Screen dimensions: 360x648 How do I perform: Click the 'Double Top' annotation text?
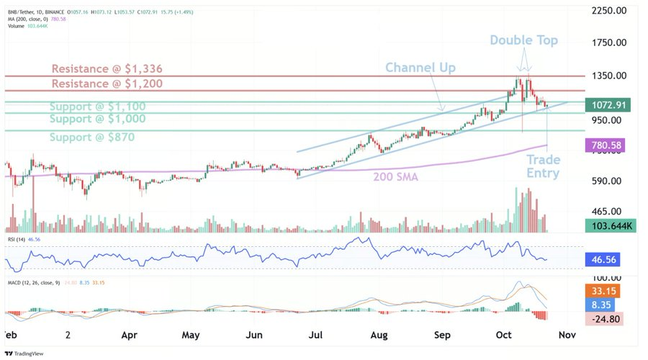click(x=523, y=40)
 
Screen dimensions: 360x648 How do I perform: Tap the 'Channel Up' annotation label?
click(x=420, y=67)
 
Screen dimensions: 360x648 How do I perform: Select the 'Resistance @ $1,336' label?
click(x=107, y=69)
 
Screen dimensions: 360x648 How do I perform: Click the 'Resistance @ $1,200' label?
click(x=107, y=84)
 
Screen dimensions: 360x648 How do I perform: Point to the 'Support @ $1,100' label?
click(x=97, y=106)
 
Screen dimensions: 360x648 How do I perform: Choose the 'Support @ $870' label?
click(x=91, y=137)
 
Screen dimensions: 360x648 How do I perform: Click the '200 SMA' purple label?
click(x=395, y=176)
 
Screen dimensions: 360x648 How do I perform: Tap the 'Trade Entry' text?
click(x=543, y=166)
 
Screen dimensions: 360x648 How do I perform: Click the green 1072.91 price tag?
click(x=608, y=105)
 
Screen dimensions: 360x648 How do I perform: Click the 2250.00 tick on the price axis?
click(x=608, y=10)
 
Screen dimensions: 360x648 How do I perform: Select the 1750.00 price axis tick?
click(x=608, y=42)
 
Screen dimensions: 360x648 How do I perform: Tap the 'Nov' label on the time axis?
click(x=567, y=335)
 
